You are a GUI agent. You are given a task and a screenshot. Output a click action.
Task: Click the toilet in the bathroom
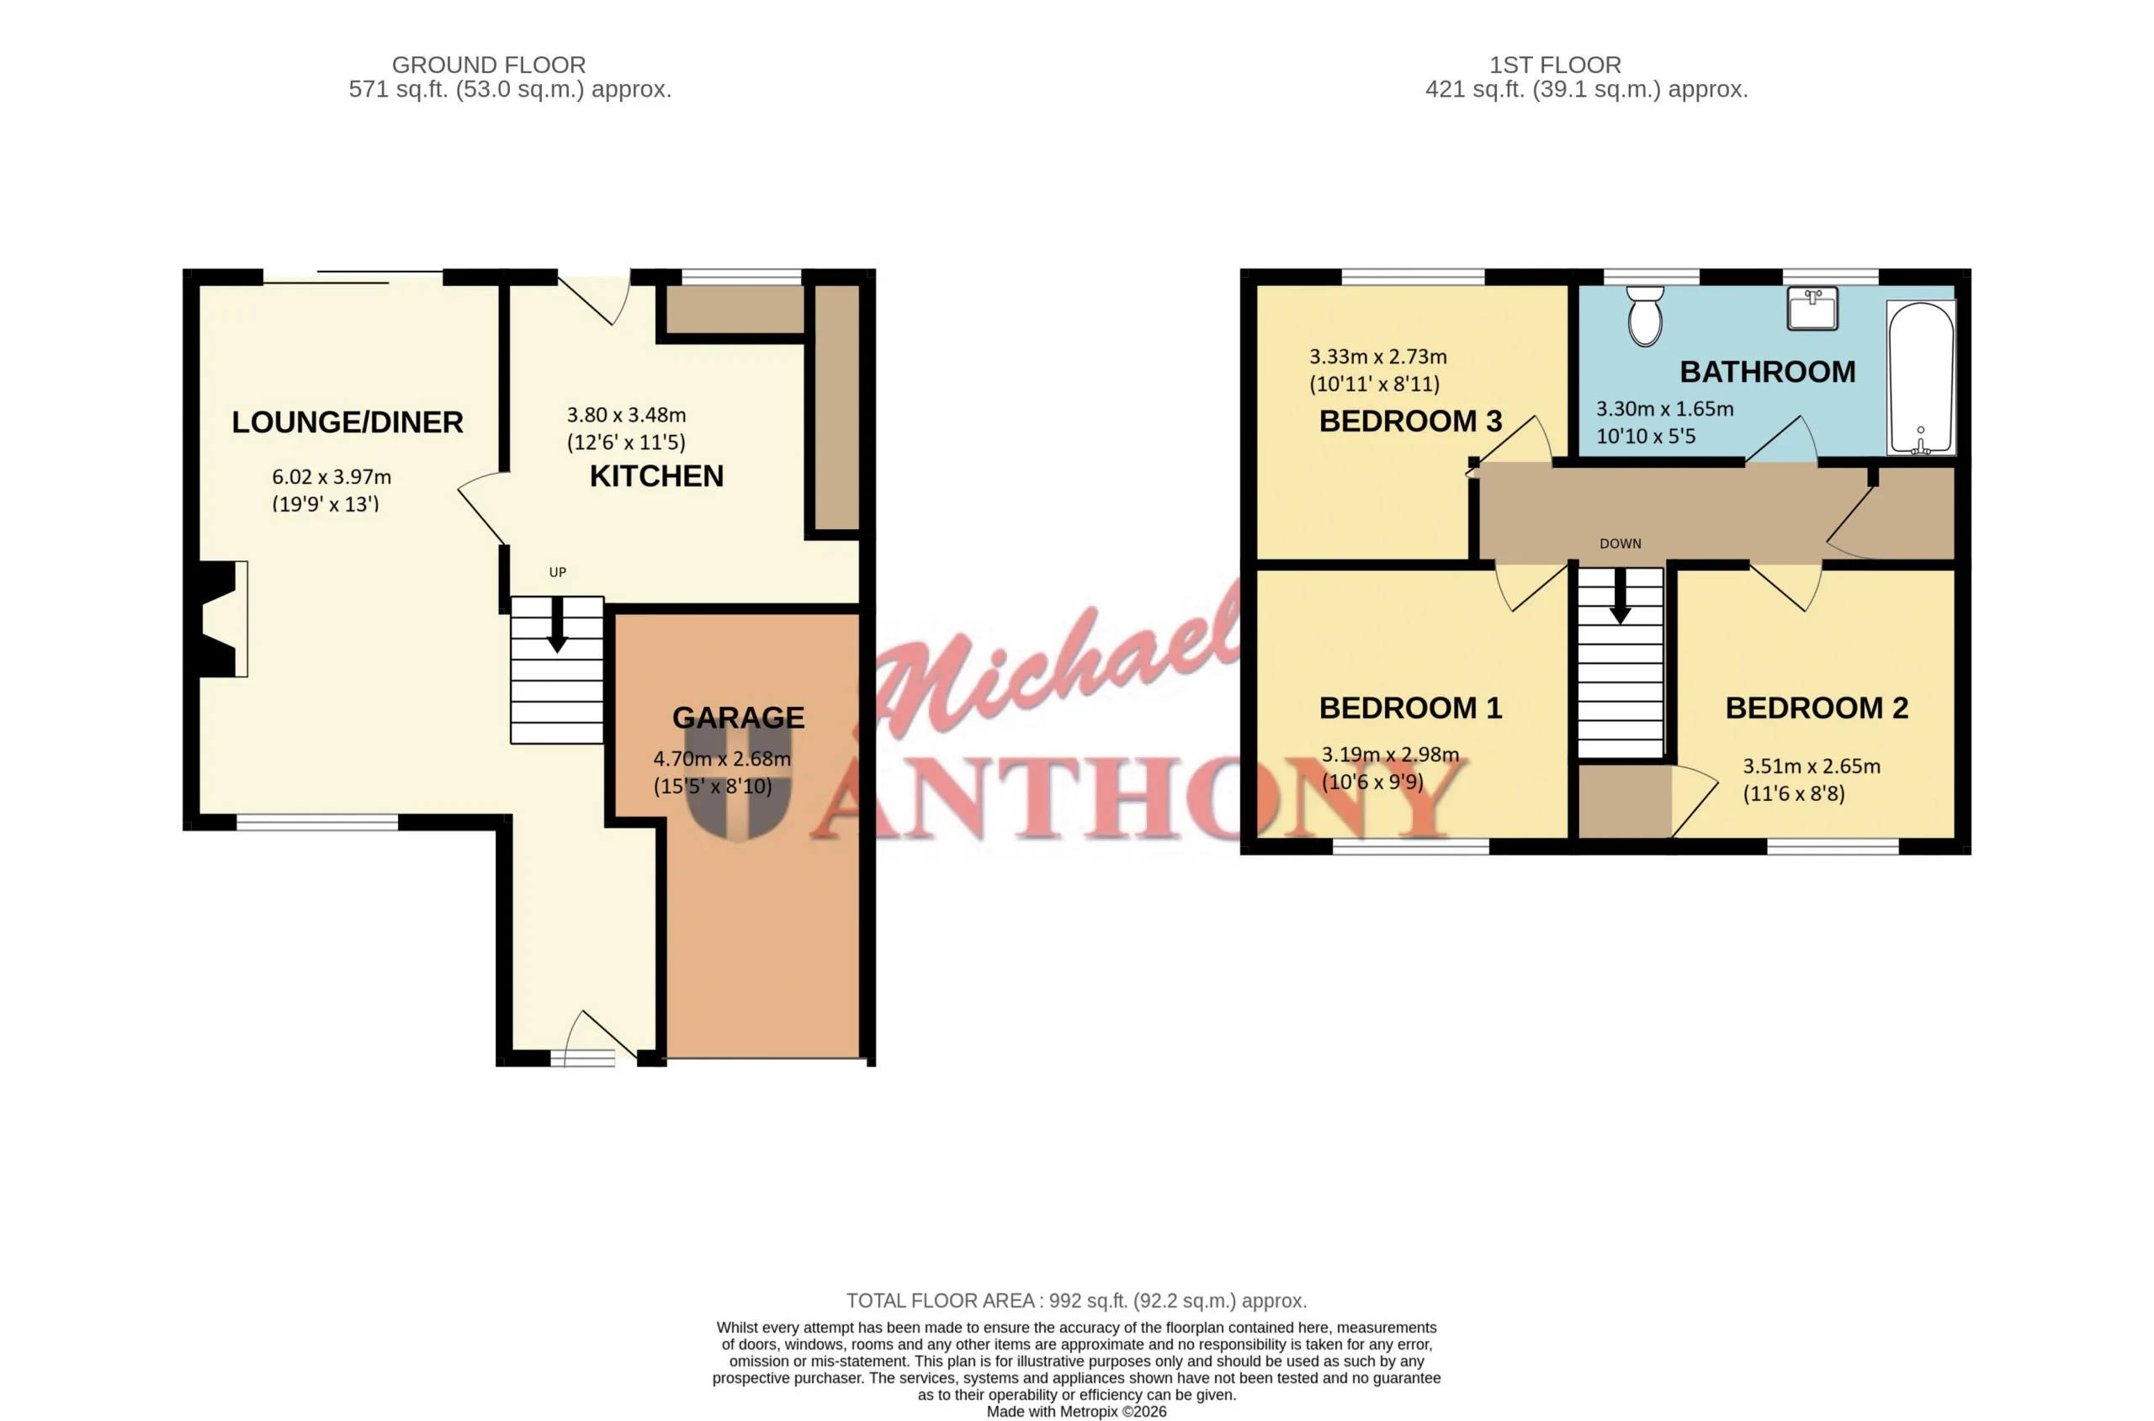(x=1644, y=315)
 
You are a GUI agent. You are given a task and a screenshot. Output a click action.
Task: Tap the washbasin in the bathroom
(x=1812, y=307)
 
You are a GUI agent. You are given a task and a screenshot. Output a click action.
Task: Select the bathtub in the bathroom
(x=1921, y=377)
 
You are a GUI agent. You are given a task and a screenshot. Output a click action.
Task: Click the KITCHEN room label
(x=656, y=476)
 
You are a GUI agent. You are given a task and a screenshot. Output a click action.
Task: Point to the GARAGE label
(x=738, y=718)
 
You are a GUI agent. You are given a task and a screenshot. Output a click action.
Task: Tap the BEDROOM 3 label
(x=1410, y=422)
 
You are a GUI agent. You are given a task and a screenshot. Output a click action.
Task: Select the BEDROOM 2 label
(x=1816, y=708)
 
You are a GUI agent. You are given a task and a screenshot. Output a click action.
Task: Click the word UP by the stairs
(x=557, y=572)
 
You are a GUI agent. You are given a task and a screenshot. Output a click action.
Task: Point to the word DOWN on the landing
(x=1621, y=543)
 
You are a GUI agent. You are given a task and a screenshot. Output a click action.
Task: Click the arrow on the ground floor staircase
(x=557, y=624)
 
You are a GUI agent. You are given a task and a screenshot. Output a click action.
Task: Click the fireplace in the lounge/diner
(x=217, y=619)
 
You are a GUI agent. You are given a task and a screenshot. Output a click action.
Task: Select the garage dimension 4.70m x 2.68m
(x=721, y=759)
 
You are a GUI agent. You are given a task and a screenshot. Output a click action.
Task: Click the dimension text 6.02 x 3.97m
(x=332, y=477)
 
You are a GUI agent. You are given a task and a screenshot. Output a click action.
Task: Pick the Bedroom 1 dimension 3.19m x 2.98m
(x=1390, y=754)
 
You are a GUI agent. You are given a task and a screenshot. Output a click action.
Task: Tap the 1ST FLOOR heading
(x=1555, y=66)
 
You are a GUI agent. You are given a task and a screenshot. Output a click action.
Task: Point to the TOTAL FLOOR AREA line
(x=1076, y=1301)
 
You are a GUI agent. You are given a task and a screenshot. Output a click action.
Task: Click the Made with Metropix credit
(x=1076, y=1411)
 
